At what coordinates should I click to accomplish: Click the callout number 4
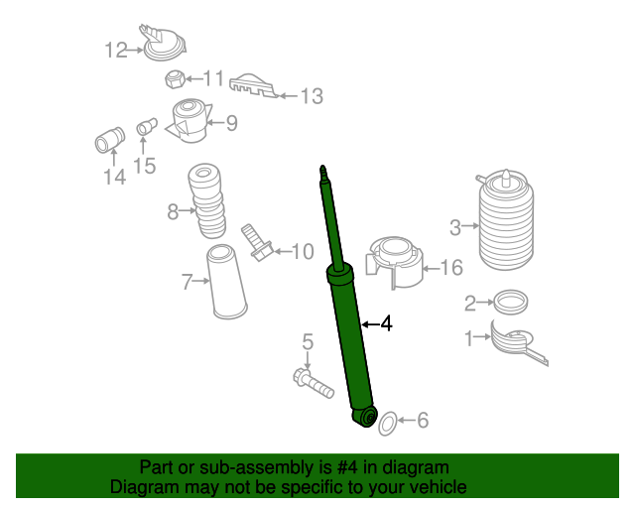pyautogui.click(x=387, y=323)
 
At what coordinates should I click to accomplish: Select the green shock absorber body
pyautogui.click(x=352, y=337)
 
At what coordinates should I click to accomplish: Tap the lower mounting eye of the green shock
pyautogui.click(x=367, y=418)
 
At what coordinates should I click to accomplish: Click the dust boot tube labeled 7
pyautogui.click(x=227, y=284)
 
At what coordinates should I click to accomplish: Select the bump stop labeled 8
pyautogui.click(x=207, y=201)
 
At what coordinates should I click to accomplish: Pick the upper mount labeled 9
pyautogui.click(x=188, y=121)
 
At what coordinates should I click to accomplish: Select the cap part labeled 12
pyautogui.click(x=163, y=44)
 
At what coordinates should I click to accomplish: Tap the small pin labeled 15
pyautogui.click(x=144, y=127)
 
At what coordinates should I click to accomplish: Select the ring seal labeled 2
pyautogui.click(x=510, y=301)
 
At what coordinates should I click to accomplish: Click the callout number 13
pyautogui.click(x=311, y=96)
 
